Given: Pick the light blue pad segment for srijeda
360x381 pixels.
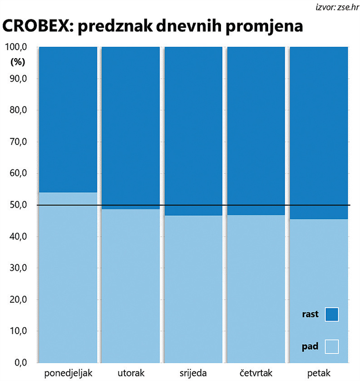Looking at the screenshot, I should pyautogui.click(x=193, y=288).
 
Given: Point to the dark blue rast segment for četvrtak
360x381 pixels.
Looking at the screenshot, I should pyautogui.click(x=256, y=131).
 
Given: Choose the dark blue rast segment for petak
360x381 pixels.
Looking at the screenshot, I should pyautogui.click(x=319, y=133).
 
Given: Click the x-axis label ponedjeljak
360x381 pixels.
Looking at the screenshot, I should pyautogui.click(x=68, y=373).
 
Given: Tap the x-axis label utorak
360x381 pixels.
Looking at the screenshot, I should pyautogui.click(x=130, y=373).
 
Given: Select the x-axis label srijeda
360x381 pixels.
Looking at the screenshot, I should pyautogui.click(x=193, y=373).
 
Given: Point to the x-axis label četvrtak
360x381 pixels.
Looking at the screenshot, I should pyautogui.click(x=256, y=373).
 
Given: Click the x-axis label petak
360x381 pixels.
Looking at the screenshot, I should pyautogui.click(x=319, y=373).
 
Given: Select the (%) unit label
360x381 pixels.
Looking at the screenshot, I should pyautogui.click(x=18, y=62).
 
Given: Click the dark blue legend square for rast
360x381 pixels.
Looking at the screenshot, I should pyautogui.click(x=332, y=314).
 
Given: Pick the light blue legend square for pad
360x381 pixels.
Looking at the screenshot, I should pyautogui.click(x=332, y=347).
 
